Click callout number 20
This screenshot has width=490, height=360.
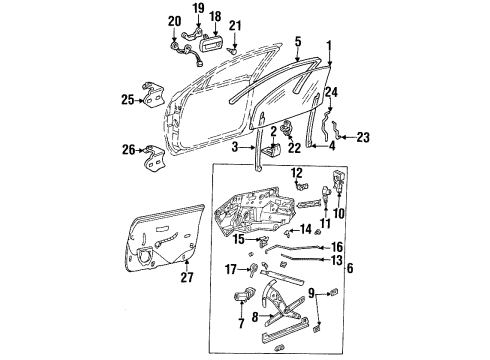tap(174, 21)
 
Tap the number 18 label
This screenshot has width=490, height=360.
tap(215, 18)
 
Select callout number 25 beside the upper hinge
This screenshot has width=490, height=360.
tap(127, 99)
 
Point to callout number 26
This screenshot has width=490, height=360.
tap(127, 151)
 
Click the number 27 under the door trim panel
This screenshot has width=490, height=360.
tap(186, 277)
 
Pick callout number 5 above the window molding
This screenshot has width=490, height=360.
tap(297, 41)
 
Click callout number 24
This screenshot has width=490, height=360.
tap(332, 91)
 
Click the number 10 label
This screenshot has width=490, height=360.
tap(337, 213)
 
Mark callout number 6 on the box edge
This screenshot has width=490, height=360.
tap(349, 267)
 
